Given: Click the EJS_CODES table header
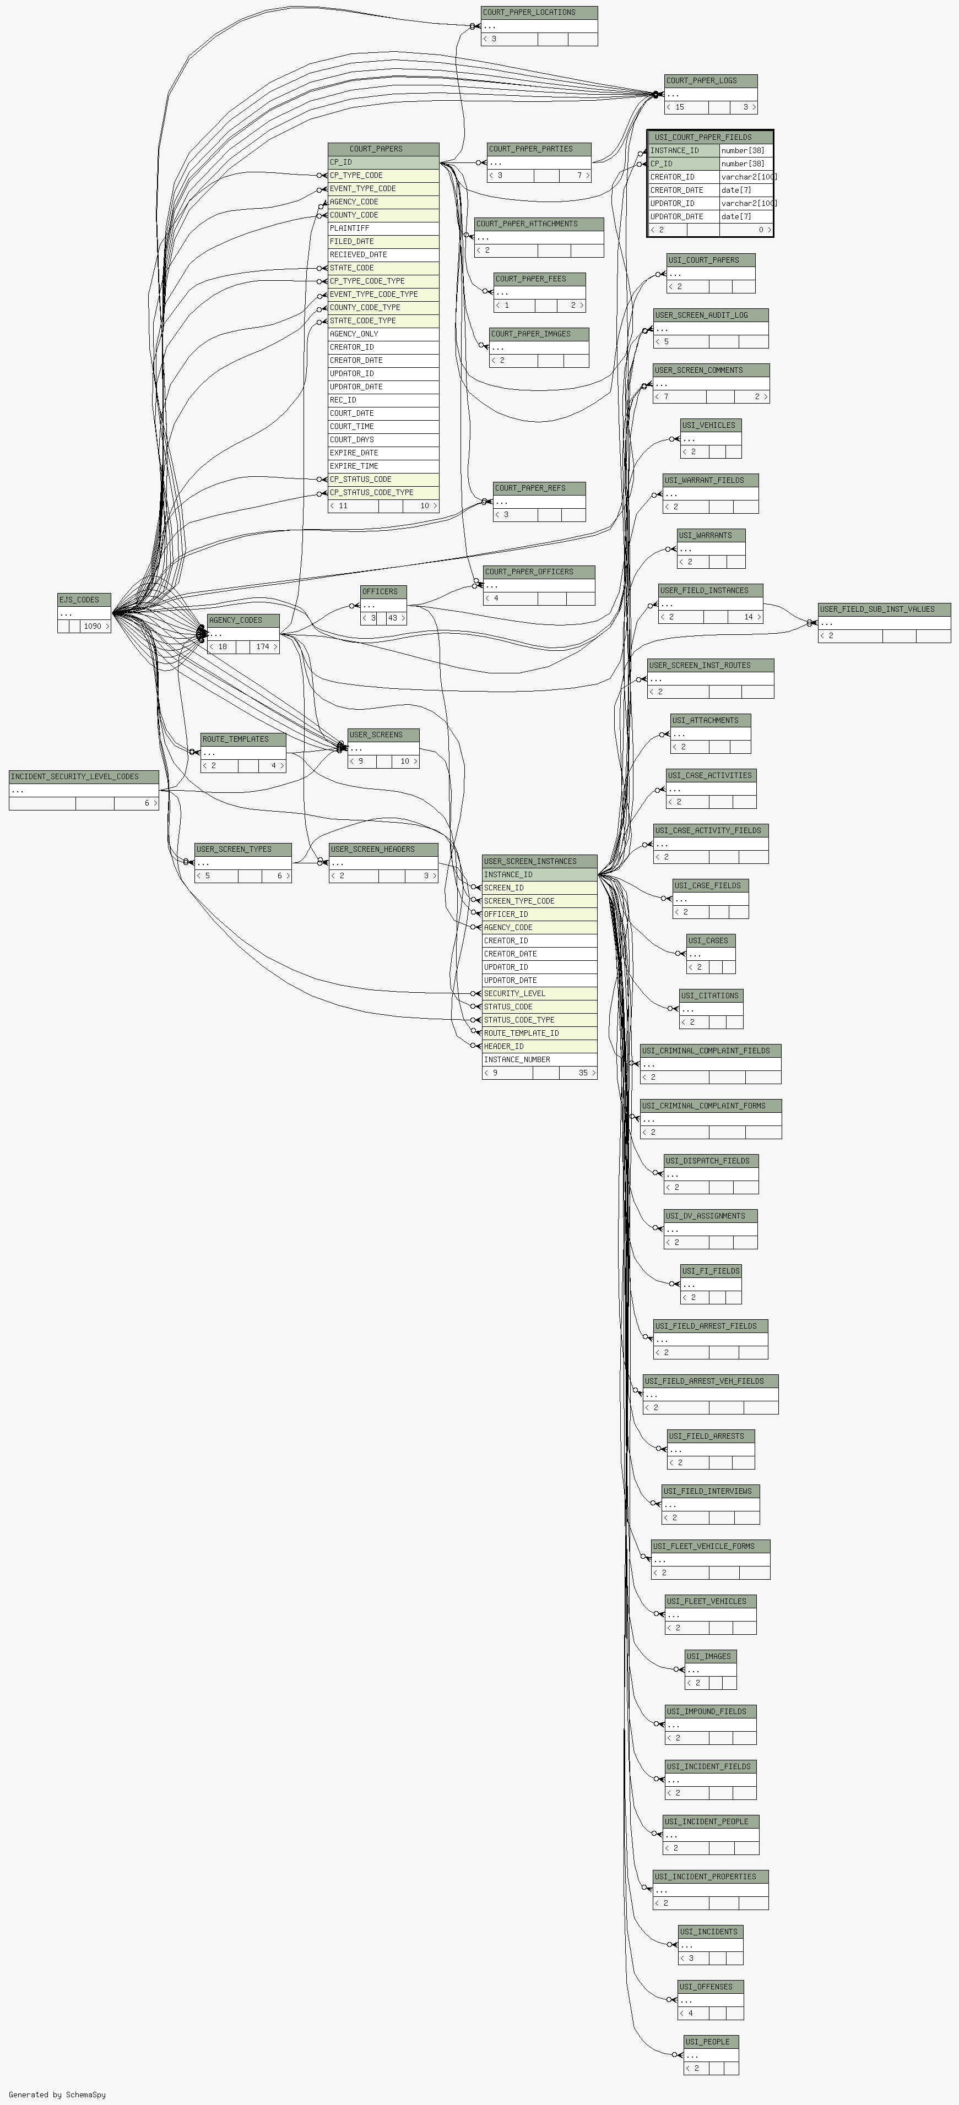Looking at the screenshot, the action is [x=84, y=600].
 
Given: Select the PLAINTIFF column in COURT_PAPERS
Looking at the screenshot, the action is [x=383, y=228].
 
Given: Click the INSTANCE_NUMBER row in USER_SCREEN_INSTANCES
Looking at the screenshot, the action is [x=540, y=1059].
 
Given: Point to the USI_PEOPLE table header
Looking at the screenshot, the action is [x=711, y=2041].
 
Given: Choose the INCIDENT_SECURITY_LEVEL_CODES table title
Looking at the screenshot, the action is [x=83, y=776].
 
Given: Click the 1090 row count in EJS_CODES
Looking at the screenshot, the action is [x=95, y=626].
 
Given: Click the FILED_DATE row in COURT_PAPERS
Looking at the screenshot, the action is [x=383, y=241].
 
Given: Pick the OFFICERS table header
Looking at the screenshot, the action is [x=383, y=591].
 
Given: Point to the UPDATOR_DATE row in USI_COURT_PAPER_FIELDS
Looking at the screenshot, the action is [x=711, y=216].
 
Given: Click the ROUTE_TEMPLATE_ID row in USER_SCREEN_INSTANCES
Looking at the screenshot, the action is [x=540, y=1033].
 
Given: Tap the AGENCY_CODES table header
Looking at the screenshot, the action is [x=243, y=620].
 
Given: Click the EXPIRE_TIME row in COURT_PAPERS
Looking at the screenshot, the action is [x=383, y=466].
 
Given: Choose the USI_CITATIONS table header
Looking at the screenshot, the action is [x=711, y=996].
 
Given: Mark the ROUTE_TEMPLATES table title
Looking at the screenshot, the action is [x=243, y=739].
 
